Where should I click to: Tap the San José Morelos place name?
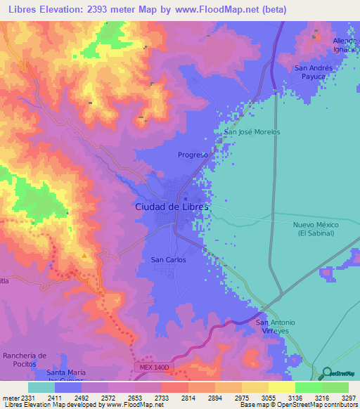click(x=252, y=132)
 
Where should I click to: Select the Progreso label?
click(x=193, y=155)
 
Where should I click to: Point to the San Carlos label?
click(x=169, y=260)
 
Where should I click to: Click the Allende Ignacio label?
click(x=345, y=46)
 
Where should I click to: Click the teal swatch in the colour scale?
click(x=41, y=387)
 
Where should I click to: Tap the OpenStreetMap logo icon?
click(x=325, y=373)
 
